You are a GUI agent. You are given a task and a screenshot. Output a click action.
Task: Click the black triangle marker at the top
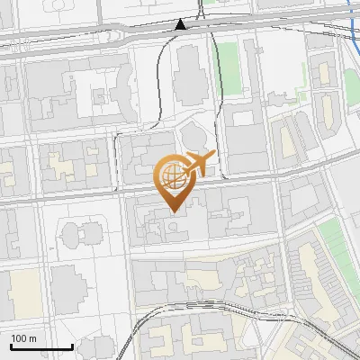(181, 24)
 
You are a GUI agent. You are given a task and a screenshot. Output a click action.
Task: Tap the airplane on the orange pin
(199, 165)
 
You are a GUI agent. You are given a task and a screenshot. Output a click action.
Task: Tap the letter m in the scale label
(33, 338)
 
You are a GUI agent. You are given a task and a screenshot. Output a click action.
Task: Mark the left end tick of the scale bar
(10, 345)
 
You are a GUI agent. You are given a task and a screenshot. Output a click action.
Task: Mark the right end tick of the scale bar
(72, 345)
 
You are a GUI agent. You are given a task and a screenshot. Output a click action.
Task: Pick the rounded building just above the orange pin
(192, 136)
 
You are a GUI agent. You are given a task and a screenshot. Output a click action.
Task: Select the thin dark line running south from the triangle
(161, 81)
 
